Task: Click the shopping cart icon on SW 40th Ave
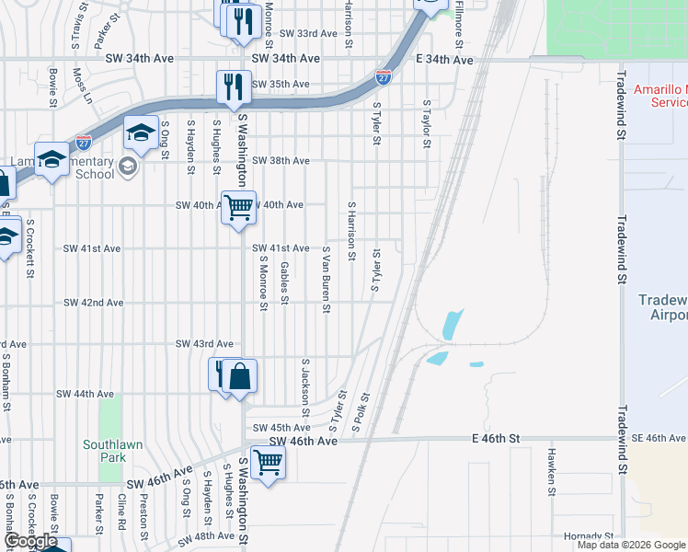239,207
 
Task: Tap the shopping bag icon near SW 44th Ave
239,376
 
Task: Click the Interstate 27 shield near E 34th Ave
384,77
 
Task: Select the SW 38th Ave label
281,160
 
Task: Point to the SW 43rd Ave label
204,343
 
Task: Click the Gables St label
284,282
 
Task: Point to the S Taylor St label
427,124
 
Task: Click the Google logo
30,541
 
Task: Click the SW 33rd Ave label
308,33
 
